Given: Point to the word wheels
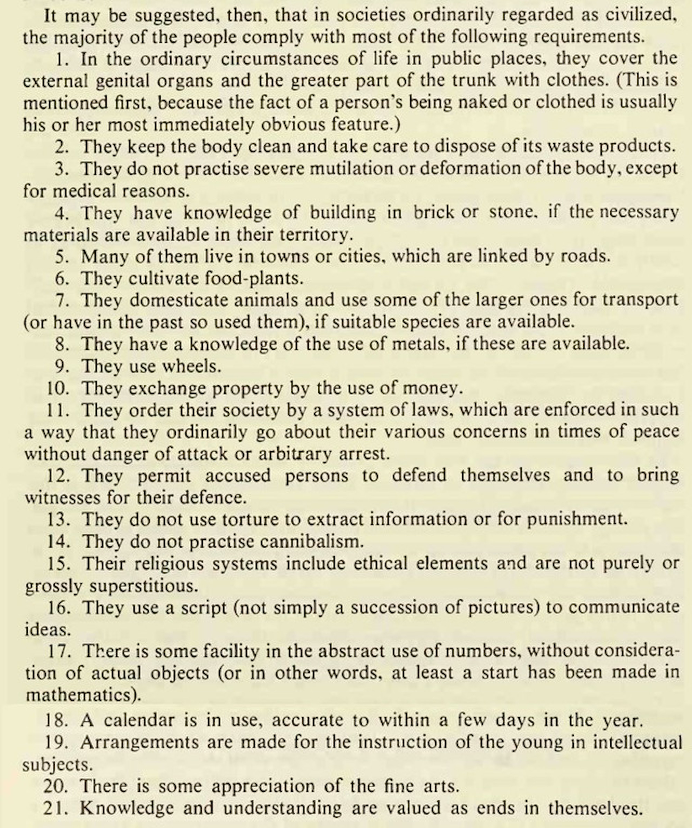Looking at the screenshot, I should pyautogui.click(x=191, y=366).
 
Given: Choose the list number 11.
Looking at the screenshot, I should pyautogui.click(x=57, y=410).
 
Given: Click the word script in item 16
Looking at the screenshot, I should pyautogui.click(x=203, y=608).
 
